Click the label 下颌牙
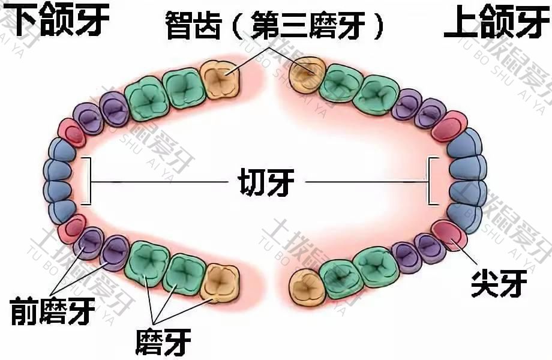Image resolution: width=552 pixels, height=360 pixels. coord(61,19)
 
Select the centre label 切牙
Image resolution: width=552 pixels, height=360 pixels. coord(266,182)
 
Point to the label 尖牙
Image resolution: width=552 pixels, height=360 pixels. coord(499,283)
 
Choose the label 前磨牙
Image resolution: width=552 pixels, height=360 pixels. coord(53,311)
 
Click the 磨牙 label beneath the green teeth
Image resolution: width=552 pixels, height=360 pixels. coord(163,341)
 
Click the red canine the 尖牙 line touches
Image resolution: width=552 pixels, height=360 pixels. coord(449,235)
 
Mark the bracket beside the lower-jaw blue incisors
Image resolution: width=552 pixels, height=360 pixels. coord(88,181)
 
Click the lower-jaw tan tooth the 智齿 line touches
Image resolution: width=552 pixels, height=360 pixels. coord(220,80)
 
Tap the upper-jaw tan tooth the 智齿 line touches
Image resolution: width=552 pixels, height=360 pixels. coord(307,74)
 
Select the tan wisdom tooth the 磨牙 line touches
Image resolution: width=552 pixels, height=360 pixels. coord(221,284)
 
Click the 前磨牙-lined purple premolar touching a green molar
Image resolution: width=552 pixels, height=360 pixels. coord(115,253)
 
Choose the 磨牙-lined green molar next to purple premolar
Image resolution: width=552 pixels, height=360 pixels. coord(148,263)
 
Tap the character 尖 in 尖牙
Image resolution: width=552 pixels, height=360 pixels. coord(485,283)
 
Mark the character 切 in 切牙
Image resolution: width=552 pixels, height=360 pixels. coord(252,182)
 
